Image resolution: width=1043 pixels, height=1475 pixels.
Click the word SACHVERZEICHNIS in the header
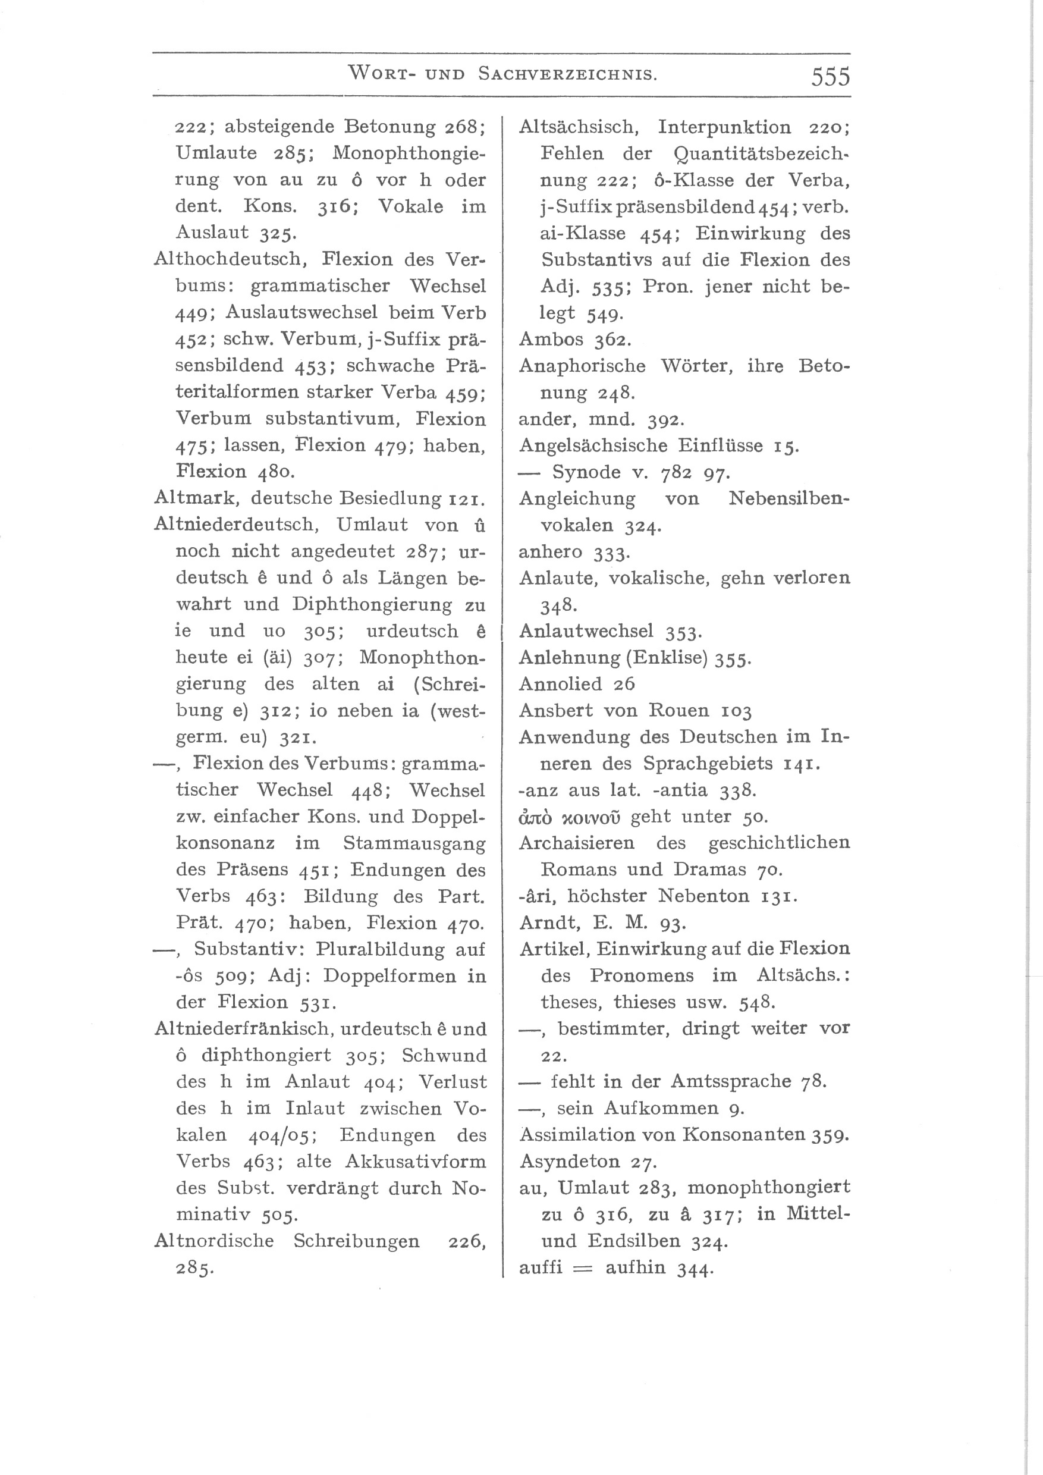(568, 74)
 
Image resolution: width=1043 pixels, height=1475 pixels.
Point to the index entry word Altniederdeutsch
(235, 524)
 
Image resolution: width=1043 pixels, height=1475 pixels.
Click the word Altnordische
(214, 1241)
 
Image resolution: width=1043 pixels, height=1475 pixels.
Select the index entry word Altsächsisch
(578, 127)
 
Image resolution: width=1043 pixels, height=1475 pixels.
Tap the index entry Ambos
(551, 339)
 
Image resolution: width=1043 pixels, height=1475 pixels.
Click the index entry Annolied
(561, 683)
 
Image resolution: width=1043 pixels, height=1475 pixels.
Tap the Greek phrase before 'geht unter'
(569, 817)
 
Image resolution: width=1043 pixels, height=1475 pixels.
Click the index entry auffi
(540, 1267)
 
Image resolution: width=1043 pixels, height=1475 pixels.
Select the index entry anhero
(551, 551)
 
